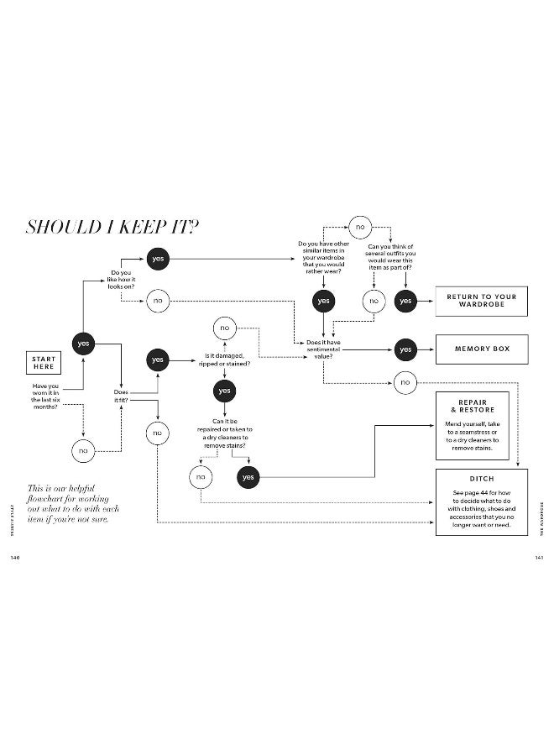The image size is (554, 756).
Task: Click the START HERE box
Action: point(44,363)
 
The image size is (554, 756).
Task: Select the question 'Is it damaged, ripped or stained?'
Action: point(225,360)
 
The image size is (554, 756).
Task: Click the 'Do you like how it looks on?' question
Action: point(122,279)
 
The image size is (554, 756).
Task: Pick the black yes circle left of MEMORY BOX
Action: point(405,349)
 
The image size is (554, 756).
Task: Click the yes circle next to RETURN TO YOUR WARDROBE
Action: point(405,301)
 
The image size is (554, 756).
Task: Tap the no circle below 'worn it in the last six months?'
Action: point(82,450)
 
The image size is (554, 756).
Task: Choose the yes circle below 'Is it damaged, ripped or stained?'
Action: point(224,391)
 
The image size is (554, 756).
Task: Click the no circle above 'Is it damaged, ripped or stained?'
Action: point(224,327)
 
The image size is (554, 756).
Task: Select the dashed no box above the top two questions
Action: point(360,227)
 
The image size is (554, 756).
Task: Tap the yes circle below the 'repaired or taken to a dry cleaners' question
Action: point(248,476)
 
